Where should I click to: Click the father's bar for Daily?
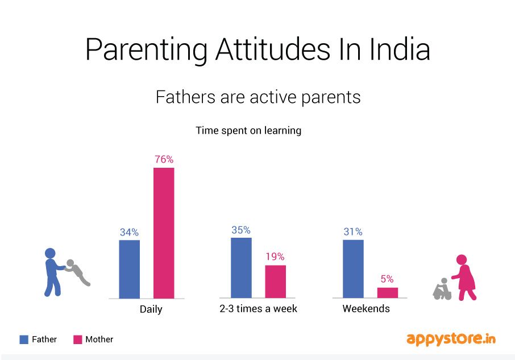tap(129, 269)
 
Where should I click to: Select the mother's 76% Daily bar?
tap(164, 233)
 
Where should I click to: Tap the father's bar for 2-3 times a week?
tap(241, 267)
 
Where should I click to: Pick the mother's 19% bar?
tap(276, 282)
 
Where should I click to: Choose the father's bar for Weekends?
tap(353, 268)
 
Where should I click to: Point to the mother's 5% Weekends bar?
tap(388, 292)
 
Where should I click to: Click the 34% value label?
tap(129, 232)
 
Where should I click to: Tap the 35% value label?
tap(241, 230)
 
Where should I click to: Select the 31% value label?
tap(353, 232)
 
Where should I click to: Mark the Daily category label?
tap(151, 309)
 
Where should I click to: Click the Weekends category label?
tap(366, 309)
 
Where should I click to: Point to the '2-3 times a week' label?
tap(259, 309)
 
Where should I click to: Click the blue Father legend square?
tap(24, 340)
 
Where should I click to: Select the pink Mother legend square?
tap(78, 340)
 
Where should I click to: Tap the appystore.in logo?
tap(451, 339)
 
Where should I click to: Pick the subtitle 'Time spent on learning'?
tap(248, 130)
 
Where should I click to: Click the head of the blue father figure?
tap(51, 253)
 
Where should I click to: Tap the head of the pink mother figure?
tap(462, 260)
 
